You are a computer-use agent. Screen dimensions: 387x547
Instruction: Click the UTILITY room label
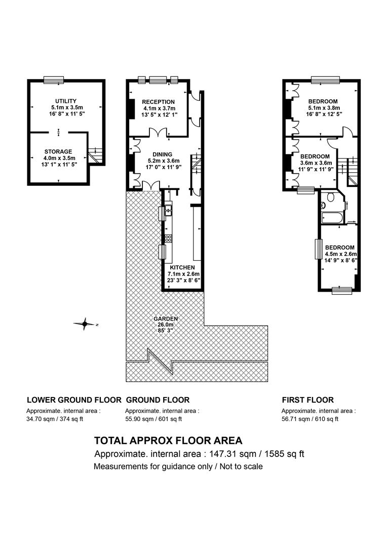66,101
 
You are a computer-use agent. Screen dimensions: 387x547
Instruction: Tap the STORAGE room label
58,152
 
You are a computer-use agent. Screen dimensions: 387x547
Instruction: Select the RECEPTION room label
159,102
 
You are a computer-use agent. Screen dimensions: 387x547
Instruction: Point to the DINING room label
162,154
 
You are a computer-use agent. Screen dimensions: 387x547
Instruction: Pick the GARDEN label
166,319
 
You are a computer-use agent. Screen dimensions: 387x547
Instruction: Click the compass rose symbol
84,325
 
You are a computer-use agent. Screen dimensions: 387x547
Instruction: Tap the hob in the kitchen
168,239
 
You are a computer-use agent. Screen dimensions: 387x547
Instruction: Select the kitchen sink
169,210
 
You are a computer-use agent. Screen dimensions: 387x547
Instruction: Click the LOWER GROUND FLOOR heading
74,400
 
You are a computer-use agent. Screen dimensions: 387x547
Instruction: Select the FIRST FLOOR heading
308,400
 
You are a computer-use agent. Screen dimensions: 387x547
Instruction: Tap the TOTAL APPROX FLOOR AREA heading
168,441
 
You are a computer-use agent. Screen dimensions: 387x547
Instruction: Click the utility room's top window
54,80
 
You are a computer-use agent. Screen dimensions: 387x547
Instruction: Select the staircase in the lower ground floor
95,156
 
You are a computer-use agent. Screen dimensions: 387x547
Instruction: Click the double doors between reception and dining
159,132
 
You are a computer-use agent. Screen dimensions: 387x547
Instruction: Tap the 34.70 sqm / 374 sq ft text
55,419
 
